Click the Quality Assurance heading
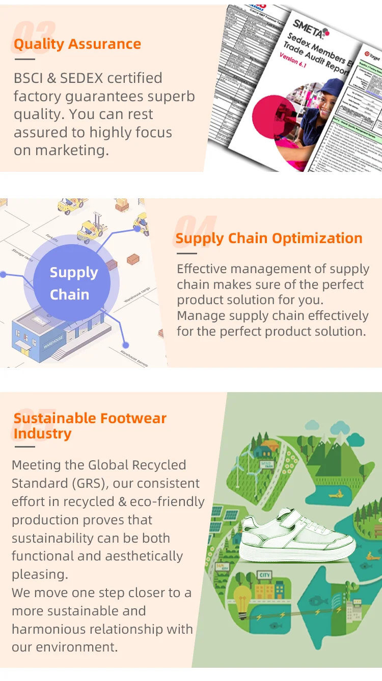point(77,44)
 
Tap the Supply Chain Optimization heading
point(269,238)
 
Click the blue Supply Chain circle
point(74,283)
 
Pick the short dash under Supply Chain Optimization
point(186,253)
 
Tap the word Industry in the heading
point(42,434)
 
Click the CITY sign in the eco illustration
point(264,575)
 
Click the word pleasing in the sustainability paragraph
point(39,575)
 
